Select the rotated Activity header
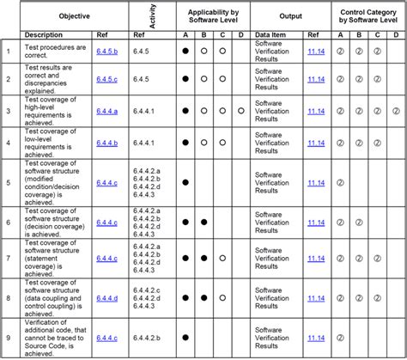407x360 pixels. tap(152, 16)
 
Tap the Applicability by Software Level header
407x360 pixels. tap(213, 16)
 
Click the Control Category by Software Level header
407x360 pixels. tap(368, 16)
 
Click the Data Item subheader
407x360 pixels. tap(274, 35)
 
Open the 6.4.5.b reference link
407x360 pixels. tap(107, 51)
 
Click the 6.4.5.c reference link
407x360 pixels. tap(107, 79)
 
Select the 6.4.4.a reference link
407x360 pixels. tap(107, 111)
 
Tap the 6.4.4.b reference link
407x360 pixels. tap(107, 142)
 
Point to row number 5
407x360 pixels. tap(9, 182)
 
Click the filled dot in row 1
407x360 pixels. tap(185, 51)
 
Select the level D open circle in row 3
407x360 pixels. tap(241, 111)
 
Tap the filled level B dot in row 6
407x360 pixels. tap(203, 221)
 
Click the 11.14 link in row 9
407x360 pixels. tap(317, 338)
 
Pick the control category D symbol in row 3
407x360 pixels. tap(396, 111)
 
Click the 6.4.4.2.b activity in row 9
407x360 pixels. tap(147, 338)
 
